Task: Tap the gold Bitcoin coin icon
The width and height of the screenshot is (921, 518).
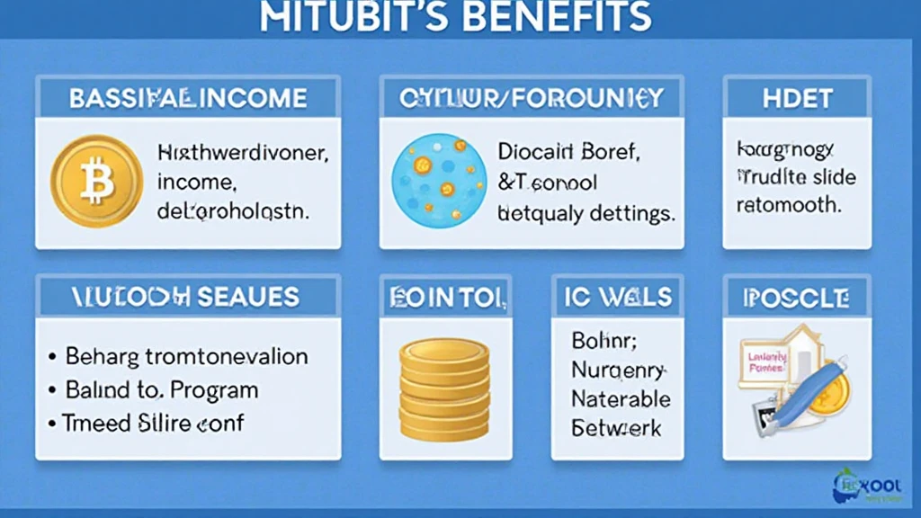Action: click(96, 181)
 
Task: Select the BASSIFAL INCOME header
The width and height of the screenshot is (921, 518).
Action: click(188, 98)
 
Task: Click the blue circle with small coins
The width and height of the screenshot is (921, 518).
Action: click(438, 181)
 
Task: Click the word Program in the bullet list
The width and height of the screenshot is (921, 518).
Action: click(216, 390)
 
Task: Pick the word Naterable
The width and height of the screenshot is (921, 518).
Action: click(621, 398)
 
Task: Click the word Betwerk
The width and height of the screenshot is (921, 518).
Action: click(617, 427)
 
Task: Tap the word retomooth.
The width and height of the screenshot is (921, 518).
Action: click(789, 204)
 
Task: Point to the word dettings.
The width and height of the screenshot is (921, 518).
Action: click(630, 214)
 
